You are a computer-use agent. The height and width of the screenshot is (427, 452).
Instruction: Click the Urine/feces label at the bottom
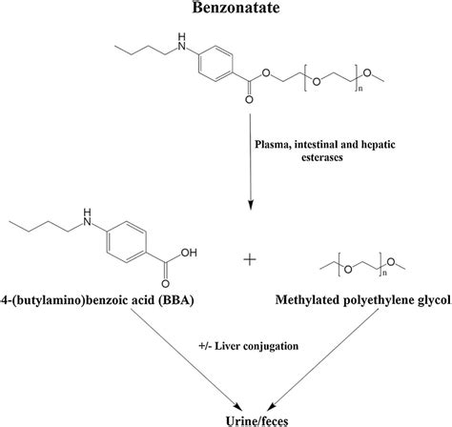tap(226, 418)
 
